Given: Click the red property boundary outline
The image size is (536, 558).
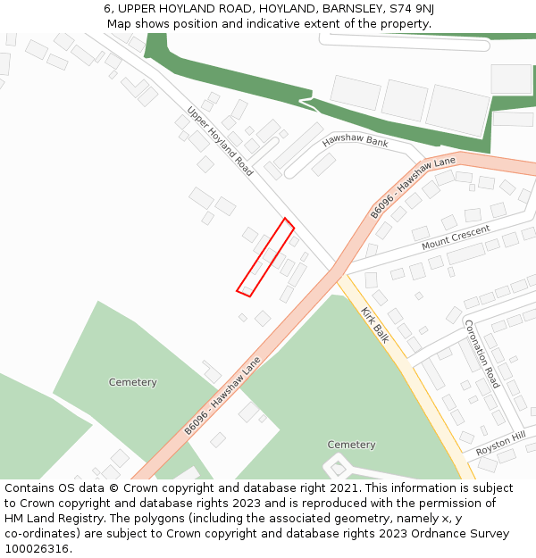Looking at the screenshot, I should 265,257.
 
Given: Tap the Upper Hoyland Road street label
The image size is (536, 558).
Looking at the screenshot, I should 220,141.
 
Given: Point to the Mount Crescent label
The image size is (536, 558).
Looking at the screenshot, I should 456,237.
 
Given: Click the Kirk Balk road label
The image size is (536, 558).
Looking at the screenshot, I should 375,325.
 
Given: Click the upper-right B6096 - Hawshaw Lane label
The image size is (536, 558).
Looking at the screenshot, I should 413,187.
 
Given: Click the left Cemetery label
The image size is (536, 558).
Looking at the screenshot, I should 133,382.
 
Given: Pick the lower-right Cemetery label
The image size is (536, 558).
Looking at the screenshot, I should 351,445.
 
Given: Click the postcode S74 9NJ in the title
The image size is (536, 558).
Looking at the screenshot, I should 413,8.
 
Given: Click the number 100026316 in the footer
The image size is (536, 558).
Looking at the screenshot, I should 35,549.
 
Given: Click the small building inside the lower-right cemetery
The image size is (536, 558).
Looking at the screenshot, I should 338,468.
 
